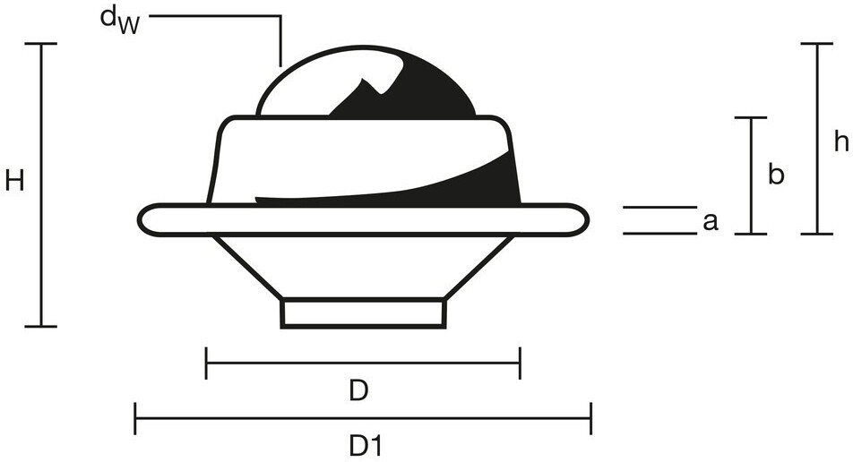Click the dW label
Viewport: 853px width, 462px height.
(x=118, y=21)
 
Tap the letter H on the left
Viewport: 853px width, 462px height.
(x=14, y=182)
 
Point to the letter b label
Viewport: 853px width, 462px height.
(x=776, y=175)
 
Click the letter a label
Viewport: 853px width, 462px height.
(x=711, y=221)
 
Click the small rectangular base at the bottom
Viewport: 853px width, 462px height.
(x=363, y=312)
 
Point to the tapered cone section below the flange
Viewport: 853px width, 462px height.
(x=363, y=264)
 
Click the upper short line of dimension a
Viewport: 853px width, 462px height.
(x=659, y=207)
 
